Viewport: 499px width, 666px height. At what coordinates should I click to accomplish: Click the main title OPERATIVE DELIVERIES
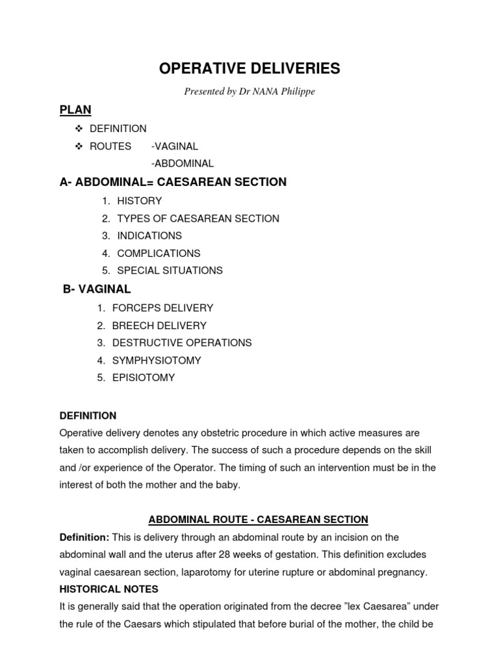click(x=249, y=69)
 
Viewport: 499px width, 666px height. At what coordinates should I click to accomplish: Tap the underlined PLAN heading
click(x=75, y=110)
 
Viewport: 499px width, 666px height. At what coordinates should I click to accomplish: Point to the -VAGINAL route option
click(x=174, y=146)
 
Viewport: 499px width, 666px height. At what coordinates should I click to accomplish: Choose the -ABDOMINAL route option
click(x=182, y=164)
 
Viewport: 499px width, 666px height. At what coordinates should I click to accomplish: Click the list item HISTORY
click(x=140, y=201)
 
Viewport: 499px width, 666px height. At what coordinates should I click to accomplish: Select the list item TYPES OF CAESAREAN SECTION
click(x=198, y=219)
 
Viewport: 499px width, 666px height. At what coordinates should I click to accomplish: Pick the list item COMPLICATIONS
click(x=159, y=253)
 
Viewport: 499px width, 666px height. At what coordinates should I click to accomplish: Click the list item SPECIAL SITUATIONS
click(x=170, y=270)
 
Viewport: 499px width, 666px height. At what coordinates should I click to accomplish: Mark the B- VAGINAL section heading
click(x=97, y=289)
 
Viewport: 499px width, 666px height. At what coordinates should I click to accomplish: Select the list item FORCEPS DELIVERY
click(x=162, y=308)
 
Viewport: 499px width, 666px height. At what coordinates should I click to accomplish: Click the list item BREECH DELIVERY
click(x=159, y=325)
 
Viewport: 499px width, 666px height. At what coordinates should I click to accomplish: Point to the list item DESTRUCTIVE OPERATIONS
click(x=182, y=342)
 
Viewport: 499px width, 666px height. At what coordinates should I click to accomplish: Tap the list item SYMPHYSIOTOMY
click(x=157, y=360)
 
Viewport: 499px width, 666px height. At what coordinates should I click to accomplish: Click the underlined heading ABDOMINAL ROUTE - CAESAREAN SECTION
click(x=258, y=519)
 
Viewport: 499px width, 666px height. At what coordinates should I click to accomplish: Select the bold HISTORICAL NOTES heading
click(x=109, y=589)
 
